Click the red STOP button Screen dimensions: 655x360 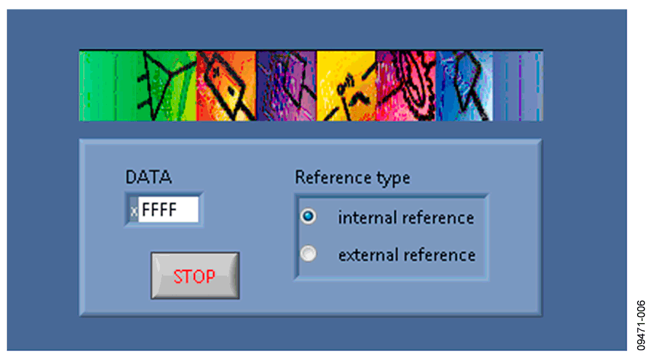click(195, 276)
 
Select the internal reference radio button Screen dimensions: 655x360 click(308, 216)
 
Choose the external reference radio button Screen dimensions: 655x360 click(308, 253)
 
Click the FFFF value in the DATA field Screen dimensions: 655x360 click(159, 210)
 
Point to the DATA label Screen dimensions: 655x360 click(148, 177)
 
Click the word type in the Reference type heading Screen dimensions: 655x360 click(393, 178)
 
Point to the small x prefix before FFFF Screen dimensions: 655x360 click(134, 211)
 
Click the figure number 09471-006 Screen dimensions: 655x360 click(641, 325)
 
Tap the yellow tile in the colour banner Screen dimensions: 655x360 click(346, 86)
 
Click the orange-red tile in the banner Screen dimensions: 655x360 click(226, 86)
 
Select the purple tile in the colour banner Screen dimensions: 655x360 click(286, 86)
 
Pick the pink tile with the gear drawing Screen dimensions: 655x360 click(406, 86)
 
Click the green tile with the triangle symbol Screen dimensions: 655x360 click(166, 86)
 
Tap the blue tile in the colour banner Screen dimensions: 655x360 click(464, 86)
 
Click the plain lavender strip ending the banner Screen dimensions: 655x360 click(518, 86)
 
